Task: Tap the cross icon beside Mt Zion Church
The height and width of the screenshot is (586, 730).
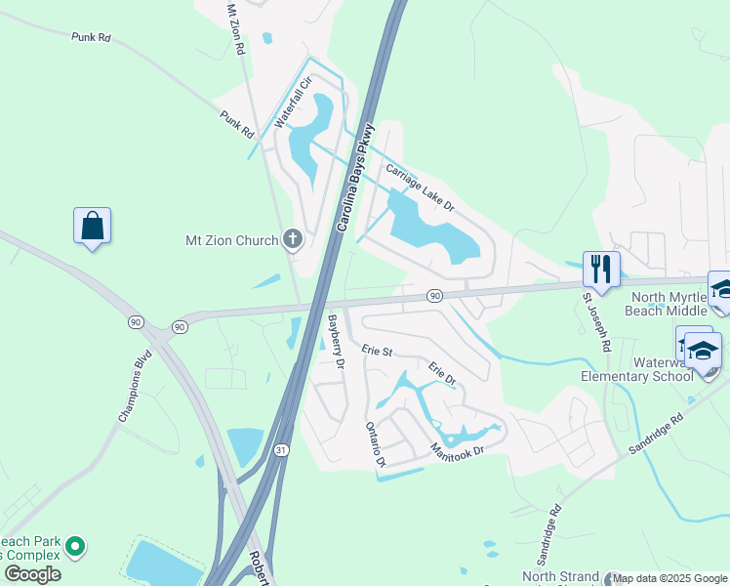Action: point(292,239)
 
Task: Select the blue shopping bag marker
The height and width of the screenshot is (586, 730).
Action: point(92,227)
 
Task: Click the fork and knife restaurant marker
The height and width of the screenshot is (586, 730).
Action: point(600,270)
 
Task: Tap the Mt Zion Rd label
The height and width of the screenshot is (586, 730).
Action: point(233,29)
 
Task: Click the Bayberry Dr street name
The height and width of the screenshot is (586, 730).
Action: point(337,341)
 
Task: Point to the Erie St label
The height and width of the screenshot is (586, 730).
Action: point(376,350)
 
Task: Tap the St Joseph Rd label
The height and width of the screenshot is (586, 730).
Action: point(596,321)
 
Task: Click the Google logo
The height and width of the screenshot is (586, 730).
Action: point(33,574)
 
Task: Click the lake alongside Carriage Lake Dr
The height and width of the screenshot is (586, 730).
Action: point(429,230)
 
